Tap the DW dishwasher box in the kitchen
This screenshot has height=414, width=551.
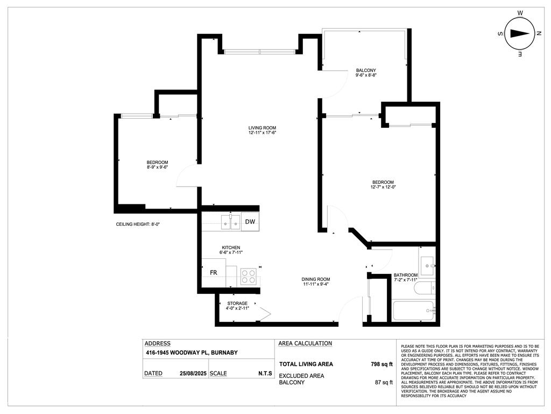250,222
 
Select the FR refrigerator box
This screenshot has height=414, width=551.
214,272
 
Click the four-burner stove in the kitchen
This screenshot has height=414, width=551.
248,277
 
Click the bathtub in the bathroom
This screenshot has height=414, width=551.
413,310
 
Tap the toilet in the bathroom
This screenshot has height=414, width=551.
423,289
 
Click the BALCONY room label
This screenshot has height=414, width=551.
366,71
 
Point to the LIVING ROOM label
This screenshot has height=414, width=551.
262,127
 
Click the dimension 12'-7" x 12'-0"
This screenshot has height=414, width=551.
383,188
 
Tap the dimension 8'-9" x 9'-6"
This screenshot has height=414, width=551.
158,168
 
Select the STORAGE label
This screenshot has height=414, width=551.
237,303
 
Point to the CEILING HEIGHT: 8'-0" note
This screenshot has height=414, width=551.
138,224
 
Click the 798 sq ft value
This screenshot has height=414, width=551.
382,364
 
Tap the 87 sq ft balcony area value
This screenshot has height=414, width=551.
384,382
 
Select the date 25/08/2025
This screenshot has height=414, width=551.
193,373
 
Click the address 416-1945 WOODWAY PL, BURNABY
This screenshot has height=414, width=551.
192,353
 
